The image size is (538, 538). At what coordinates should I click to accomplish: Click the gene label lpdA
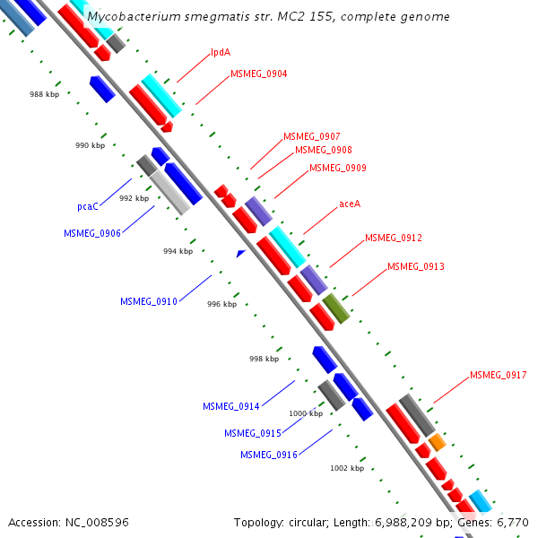(x=221, y=52)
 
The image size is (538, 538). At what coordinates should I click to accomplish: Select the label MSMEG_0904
(x=258, y=74)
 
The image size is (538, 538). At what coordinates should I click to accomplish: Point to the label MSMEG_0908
(x=323, y=150)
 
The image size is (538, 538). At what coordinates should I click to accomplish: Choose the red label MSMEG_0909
(x=337, y=168)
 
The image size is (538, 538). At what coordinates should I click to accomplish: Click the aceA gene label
(x=350, y=204)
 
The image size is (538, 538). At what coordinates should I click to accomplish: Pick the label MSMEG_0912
(x=393, y=238)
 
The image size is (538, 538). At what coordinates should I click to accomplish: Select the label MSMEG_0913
(x=415, y=266)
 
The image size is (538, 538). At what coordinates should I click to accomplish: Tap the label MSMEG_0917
(x=498, y=375)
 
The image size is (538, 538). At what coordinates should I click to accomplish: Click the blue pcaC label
(x=88, y=206)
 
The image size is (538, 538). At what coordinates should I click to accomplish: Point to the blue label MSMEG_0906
(x=91, y=233)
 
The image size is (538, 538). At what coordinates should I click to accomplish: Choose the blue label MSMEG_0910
(x=148, y=301)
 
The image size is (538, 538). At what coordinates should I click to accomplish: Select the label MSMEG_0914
(x=230, y=406)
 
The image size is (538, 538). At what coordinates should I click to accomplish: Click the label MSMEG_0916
(x=268, y=455)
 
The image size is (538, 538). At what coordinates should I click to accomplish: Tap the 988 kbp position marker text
(x=44, y=94)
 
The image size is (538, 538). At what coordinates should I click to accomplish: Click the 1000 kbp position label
(x=305, y=413)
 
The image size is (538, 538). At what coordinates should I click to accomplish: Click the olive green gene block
(x=336, y=307)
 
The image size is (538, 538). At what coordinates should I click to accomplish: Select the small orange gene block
(x=437, y=442)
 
